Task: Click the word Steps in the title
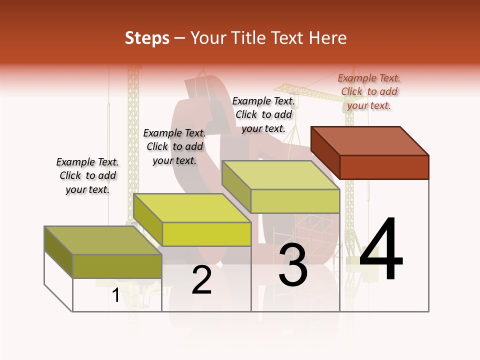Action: click(x=146, y=38)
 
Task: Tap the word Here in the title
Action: click(x=327, y=38)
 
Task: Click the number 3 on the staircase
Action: click(x=292, y=265)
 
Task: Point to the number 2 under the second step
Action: click(x=201, y=280)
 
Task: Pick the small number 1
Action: click(x=115, y=295)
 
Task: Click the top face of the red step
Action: click(x=370, y=140)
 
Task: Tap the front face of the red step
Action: click(x=384, y=167)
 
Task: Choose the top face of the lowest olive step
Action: click(x=103, y=240)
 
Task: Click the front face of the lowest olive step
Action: click(x=117, y=266)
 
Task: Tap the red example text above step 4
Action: click(x=369, y=91)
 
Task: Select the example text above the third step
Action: click(x=263, y=114)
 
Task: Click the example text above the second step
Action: click(x=174, y=146)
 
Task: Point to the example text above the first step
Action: click(x=87, y=175)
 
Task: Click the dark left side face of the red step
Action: click(x=325, y=152)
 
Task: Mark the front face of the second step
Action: click(x=206, y=234)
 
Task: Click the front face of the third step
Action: click(x=295, y=201)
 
